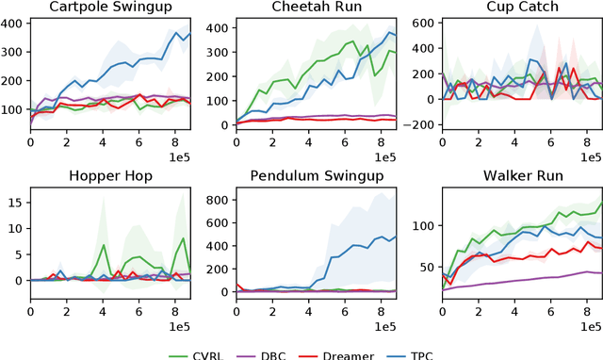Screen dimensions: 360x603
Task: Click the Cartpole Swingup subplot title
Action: (110, 8)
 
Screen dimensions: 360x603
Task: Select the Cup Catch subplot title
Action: (521, 8)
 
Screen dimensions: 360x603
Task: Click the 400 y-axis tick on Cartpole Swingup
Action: (13, 21)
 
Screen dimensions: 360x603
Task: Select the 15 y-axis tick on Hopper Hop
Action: (17, 201)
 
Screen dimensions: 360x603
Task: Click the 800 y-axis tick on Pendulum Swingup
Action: (219, 201)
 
